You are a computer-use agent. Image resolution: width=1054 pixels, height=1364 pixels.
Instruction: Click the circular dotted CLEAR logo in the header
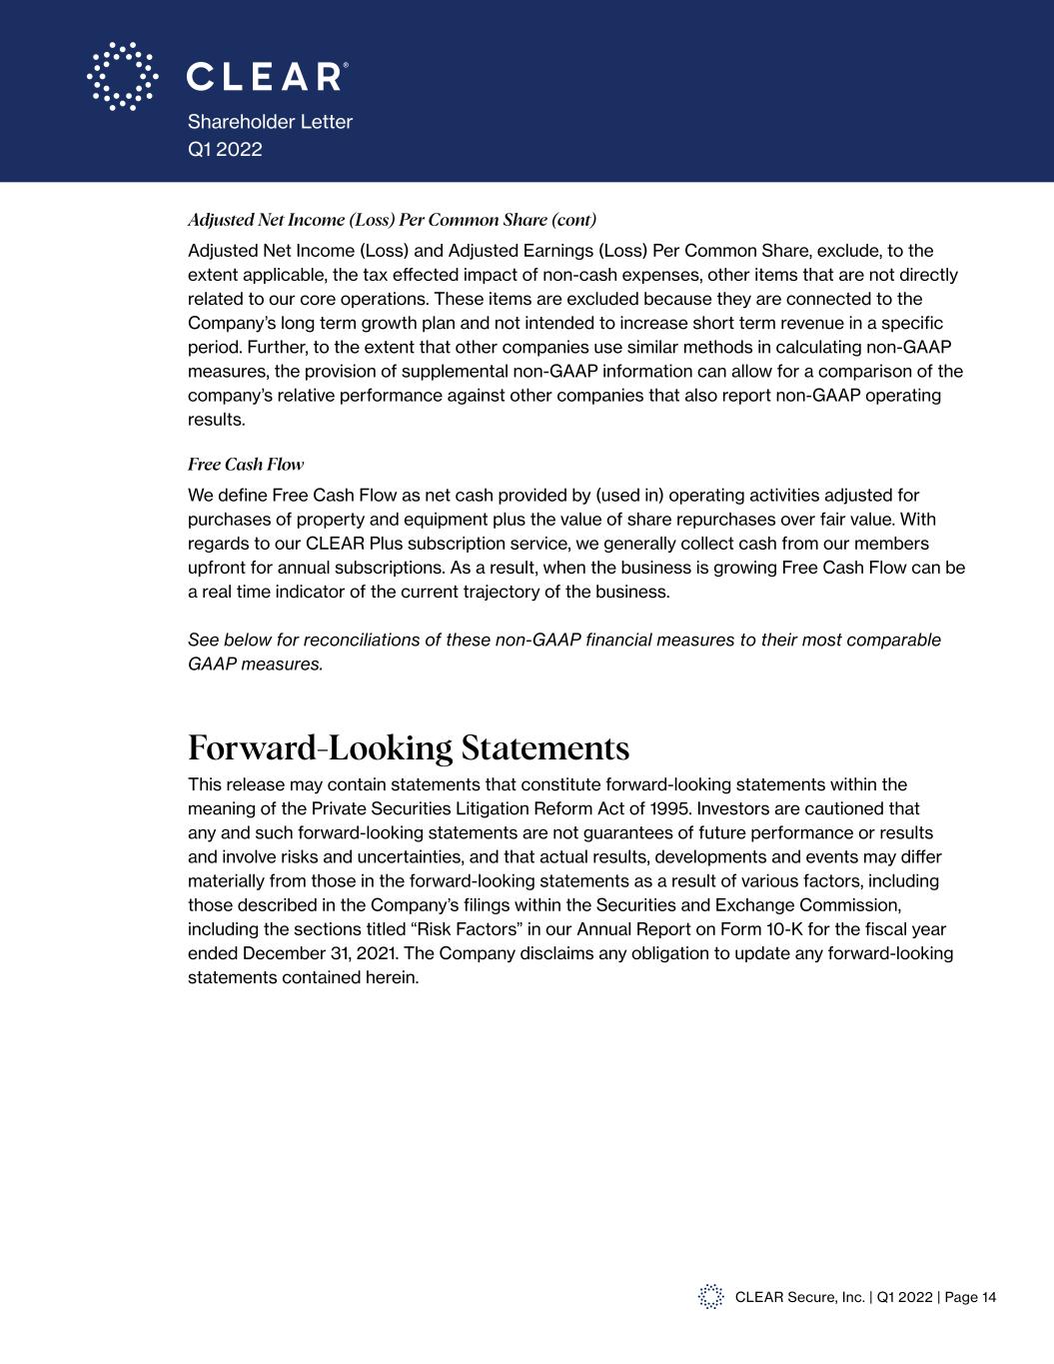pos(122,76)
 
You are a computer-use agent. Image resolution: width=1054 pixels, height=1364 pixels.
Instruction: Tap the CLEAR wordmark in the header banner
pos(268,77)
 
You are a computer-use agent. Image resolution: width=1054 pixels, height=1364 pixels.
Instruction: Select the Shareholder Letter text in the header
pos(270,122)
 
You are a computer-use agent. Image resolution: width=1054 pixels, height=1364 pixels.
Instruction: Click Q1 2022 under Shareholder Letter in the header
pos(225,149)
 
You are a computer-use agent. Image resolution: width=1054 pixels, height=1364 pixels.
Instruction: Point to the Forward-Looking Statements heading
pos(409,747)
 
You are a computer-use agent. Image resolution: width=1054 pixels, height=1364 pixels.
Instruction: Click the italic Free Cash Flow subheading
pos(246,465)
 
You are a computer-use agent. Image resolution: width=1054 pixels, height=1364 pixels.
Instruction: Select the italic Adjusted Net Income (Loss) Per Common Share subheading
pos(392,220)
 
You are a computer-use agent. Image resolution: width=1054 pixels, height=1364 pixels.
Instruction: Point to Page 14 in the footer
pos(970,1297)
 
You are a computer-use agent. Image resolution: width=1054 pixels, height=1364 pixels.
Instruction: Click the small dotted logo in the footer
pos(710,1297)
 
